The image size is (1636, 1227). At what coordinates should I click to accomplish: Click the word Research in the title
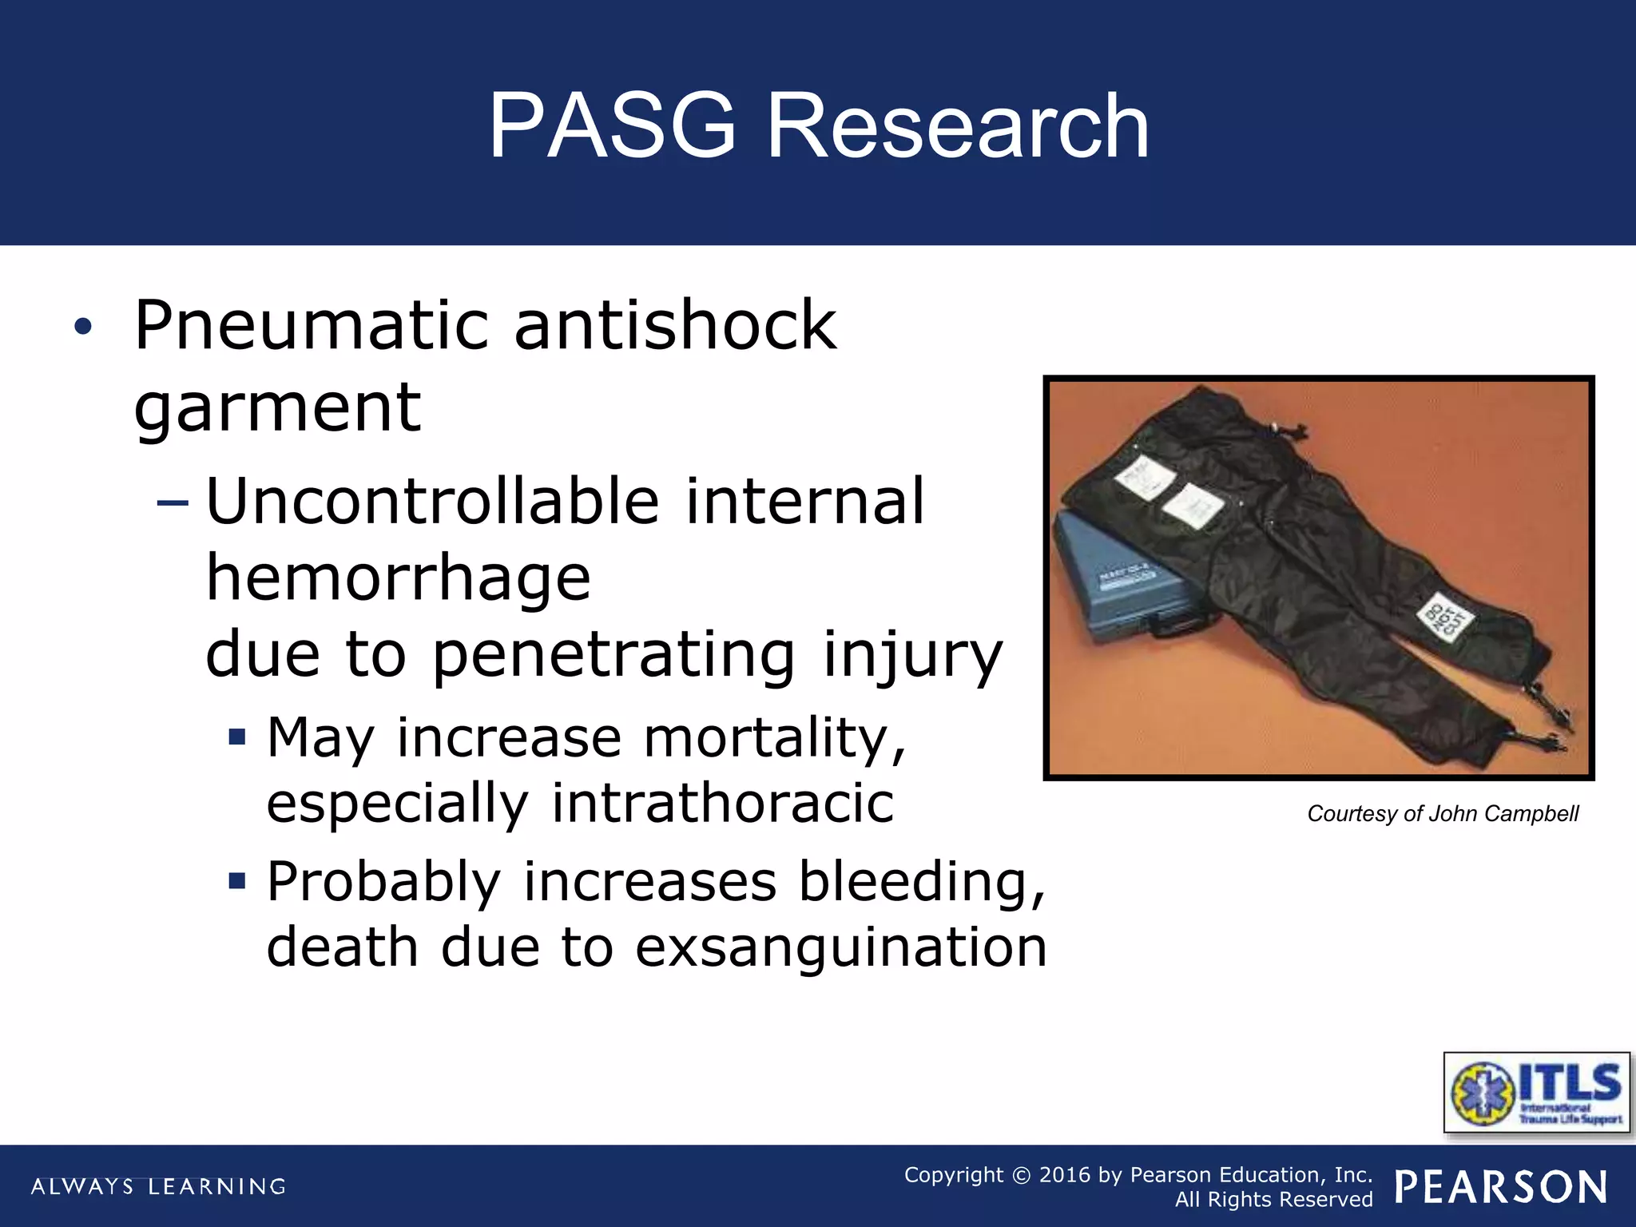tap(958, 126)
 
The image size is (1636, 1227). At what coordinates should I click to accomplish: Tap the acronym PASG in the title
tap(612, 126)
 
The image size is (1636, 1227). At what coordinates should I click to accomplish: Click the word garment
tap(277, 408)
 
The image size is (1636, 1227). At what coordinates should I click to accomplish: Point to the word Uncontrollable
tap(432, 502)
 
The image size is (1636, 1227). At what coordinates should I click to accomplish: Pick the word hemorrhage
tap(399, 578)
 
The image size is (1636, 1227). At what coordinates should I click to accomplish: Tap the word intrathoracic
tap(722, 803)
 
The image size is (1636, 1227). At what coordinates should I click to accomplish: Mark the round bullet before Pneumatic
tap(83, 327)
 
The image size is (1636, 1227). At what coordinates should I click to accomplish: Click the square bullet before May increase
tap(236, 736)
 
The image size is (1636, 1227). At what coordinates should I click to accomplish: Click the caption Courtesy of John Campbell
tap(1443, 814)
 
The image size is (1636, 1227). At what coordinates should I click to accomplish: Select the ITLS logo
tap(1536, 1092)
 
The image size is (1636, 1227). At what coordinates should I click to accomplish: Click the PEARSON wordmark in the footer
tap(1501, 1187)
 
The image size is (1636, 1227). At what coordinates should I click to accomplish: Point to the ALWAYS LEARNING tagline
tap(158, 1186)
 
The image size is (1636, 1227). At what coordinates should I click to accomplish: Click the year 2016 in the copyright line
tap(1064, 1175)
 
